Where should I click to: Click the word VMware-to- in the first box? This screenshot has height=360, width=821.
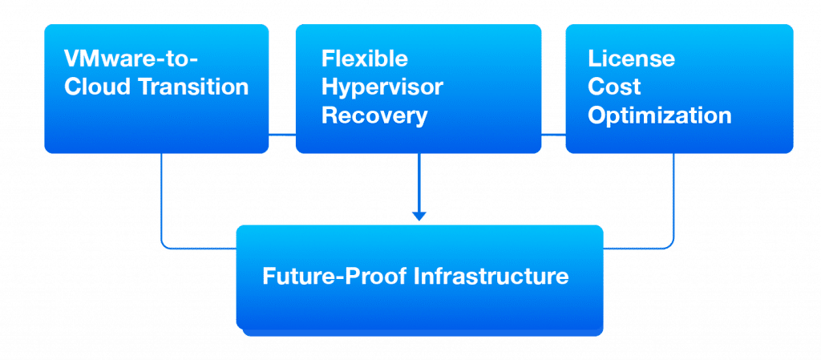[x=131, y=59]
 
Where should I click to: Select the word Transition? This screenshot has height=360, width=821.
[x=194, y=87]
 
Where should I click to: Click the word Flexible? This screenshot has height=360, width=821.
[x=365, y=59]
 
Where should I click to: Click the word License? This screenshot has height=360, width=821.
[x=631, y=59]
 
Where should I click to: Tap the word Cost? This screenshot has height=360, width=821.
[x=613, y=87]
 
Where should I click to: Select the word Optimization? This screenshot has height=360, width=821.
[x=659, y=115]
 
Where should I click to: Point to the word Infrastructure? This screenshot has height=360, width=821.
[x=491, y=276]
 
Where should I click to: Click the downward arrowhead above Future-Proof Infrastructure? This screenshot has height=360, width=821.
[x=419, y=216]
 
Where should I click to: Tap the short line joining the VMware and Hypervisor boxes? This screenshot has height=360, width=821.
[x=282, y=135]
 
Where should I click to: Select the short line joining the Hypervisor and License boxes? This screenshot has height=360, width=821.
[x=553, y=135]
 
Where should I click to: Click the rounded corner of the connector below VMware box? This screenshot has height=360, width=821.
[x=164, y=245]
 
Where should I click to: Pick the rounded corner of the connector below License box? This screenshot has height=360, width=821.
[x=670, y=245]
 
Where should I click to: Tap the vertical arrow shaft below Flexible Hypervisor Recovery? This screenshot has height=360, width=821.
[x=419, y=182]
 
